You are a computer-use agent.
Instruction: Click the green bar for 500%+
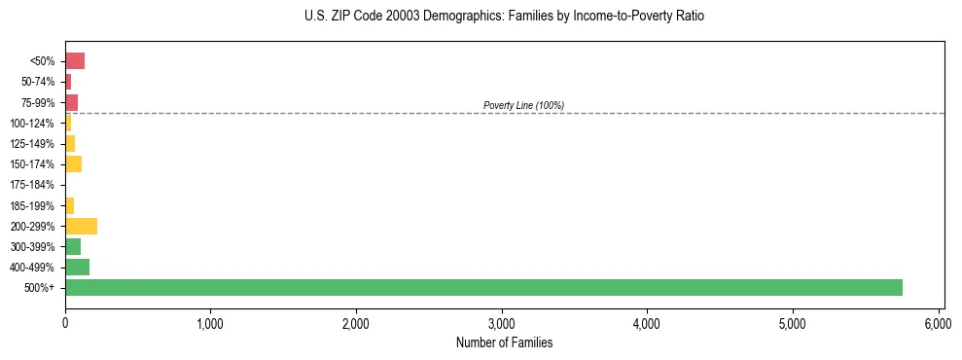[x=483, y=287]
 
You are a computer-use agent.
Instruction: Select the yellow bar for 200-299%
[x=81, y=226]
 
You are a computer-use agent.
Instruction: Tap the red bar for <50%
[x=75, y=61]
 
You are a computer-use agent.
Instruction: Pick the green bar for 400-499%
[x=77, y=267]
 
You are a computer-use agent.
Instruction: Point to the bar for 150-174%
[x=73, y=164]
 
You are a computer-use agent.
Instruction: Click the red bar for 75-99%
[x=71, y=102]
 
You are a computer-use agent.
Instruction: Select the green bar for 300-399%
[x=73, y=246]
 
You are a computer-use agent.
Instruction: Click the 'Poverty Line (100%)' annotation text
[x=523, y=105]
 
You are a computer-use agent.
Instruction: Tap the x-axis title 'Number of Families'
[x=504, y=342]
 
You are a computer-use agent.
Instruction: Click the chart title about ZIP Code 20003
[x=504, y=17]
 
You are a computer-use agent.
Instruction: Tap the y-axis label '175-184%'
[x=32, y=185]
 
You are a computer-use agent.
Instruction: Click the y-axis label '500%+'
[x=41, y=288]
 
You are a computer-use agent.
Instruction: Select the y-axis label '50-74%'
[x=38, y=82]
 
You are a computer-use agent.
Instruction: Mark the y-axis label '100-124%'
[x=32, y=124]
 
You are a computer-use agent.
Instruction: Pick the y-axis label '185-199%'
[x=32, y=205]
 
